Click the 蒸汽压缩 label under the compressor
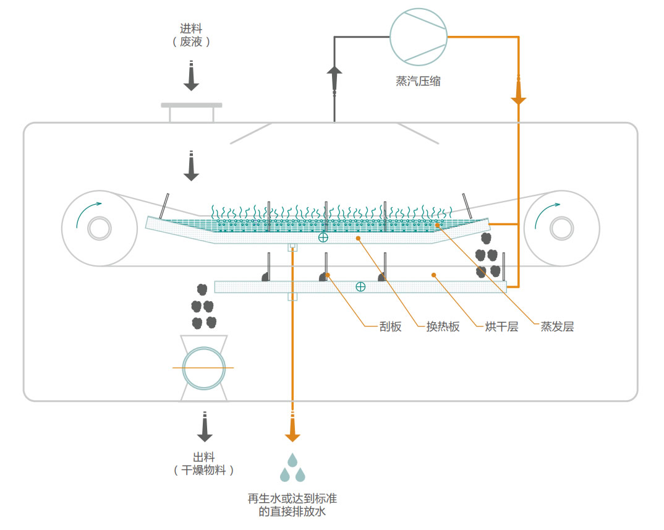(419, 81)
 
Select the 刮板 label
(390, 327)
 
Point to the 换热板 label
(443, 327)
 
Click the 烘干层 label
(501, 327)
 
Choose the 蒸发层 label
(557, 327)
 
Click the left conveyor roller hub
(99, 228)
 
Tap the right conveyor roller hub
(561, 228)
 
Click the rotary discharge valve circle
(203, 368)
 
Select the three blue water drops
(292, 468)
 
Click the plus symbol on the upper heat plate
(323, 237)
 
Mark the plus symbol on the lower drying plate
(360, 286)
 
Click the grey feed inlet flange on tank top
(191, 105)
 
